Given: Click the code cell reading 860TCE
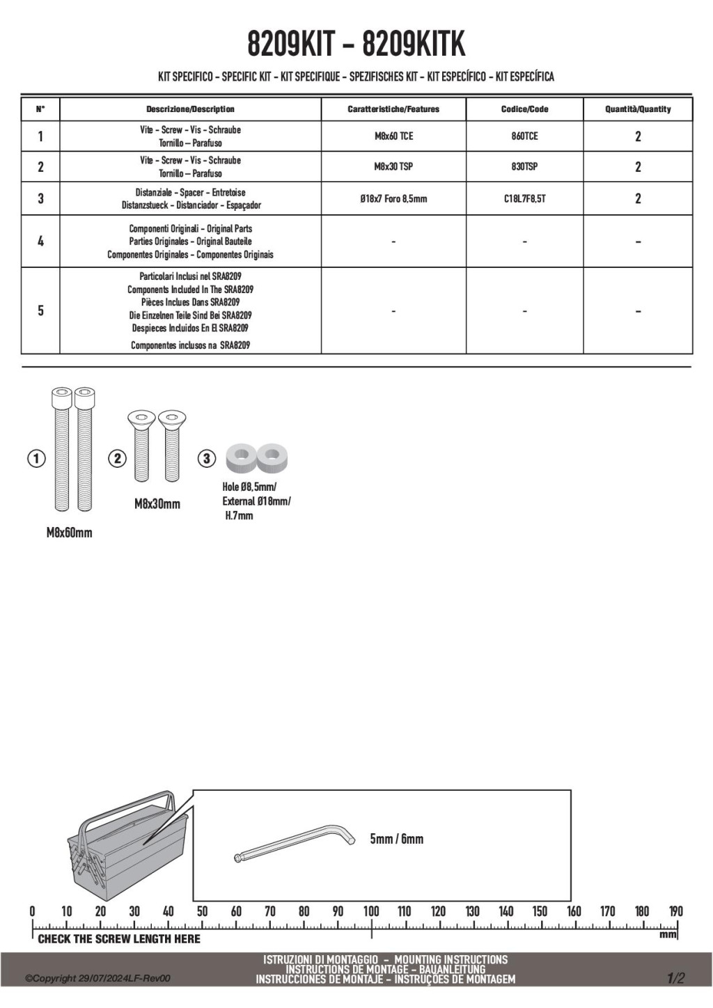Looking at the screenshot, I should click(x=524, y=136).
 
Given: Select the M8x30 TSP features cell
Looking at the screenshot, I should click(x=393, y=167).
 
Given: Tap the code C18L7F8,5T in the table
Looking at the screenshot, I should click(x=524, y=199).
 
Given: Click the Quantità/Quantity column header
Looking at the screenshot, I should click(x=638, y=109).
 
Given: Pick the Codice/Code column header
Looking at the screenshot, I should click(x=524, y=109).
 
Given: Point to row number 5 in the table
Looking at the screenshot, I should click(x=40, y=310).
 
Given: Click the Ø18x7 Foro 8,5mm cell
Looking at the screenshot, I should click(x=393, y=199).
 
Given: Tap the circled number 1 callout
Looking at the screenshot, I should click(x=36, y=459).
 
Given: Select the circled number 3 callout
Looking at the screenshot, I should click(x=207, y=459).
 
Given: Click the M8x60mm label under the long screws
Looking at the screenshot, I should click(x=69, y=533).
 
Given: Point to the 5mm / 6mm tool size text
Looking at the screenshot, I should click(x=396, y=839).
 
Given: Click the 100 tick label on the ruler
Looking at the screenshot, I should click(x=370, y=911).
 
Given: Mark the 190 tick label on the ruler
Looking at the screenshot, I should click(x=675, y=911).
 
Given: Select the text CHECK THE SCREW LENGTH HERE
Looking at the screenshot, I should click(x=119, y=939).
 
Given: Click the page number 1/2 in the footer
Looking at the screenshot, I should click(x=675, y=978).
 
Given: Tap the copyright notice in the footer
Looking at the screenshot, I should click(x=97, y=979).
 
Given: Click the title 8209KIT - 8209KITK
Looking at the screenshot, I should click(x=356, y=45).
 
